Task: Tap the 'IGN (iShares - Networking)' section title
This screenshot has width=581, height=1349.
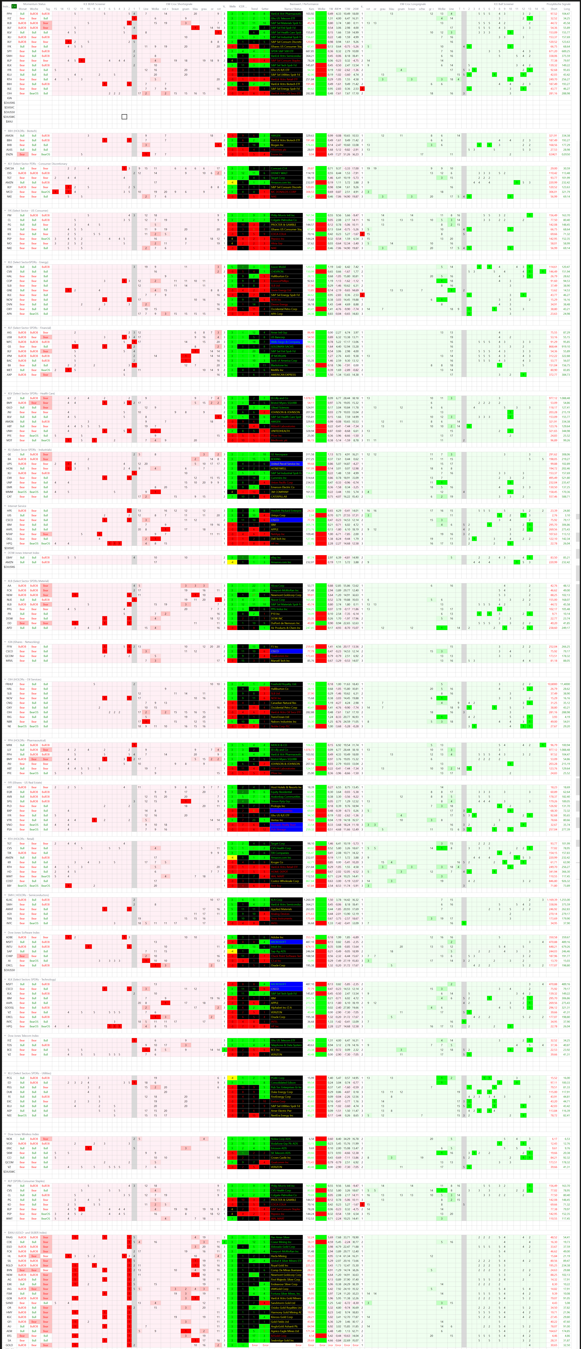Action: pos(24,642)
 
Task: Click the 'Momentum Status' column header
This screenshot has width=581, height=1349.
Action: pos(34,4)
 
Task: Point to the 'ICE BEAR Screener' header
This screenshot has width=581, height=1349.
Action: pos(94,4)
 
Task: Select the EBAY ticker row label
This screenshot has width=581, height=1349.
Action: pos(9,558)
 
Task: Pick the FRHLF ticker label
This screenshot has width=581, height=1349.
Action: pos(9,684)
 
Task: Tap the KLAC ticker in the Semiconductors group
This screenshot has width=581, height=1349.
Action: pos(9,900)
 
